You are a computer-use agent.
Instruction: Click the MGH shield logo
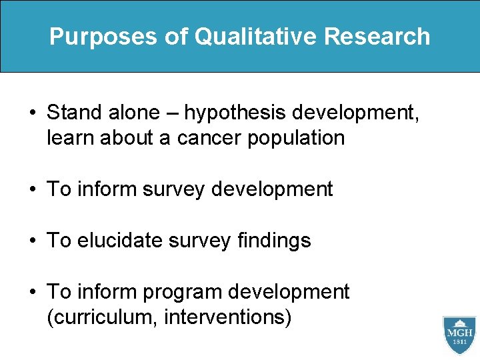pyautogui.click(x=459, y=336)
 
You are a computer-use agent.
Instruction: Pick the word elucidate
pyautogui.click(x=120, y=240)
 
